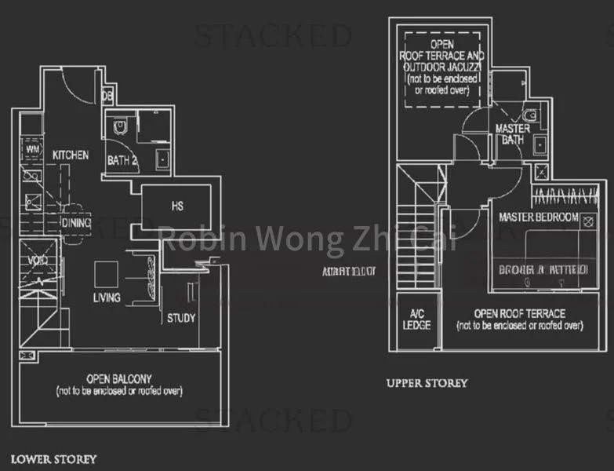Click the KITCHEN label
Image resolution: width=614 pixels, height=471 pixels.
click(x=71, y=155)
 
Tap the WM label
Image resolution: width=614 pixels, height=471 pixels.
click(x=33, y=148)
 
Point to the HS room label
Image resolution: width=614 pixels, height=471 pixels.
click(x=177, y=206)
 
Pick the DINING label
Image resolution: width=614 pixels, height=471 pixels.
click(x=75, y=223)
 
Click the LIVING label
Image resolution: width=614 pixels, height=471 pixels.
click(x=106, y=298)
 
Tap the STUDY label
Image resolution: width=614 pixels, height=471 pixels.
click(x=180, y=318)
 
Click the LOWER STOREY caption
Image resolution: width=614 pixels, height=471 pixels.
click(x=53, y=458)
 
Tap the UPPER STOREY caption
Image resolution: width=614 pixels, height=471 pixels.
click(x=427, y=383)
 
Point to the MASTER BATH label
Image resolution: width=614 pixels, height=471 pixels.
click(x=512, y=134)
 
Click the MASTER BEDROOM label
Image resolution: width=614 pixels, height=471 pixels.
click(x=538, y=217)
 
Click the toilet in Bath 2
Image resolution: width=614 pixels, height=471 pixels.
click(x=120, y=126)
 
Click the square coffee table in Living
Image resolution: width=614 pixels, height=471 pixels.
click(x=106, y=274)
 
